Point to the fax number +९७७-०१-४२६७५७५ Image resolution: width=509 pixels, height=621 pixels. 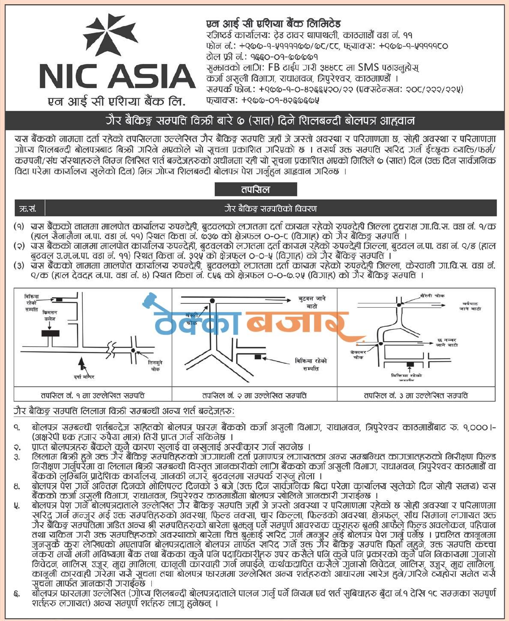[280, 100]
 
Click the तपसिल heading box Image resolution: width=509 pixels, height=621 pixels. [255, 189]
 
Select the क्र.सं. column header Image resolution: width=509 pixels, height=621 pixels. [29, 209]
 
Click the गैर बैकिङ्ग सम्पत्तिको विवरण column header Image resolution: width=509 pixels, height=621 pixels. [270, 209]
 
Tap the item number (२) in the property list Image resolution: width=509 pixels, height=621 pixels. [19, 246]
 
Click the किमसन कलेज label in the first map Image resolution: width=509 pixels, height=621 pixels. [49, 316]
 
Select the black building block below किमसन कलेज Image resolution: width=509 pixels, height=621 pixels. [50, 333]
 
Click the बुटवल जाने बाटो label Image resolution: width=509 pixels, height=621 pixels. [311, 302]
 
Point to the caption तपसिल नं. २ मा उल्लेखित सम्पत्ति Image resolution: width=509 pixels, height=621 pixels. [254, 395]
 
